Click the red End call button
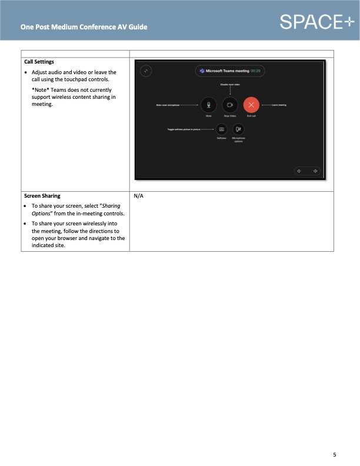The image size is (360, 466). (x=251, y=105)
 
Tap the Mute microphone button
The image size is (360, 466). (x=208, y=105)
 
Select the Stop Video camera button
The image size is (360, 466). (x=229, y=105)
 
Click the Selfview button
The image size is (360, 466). (x=221, y=129)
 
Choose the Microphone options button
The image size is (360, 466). (x=238, y=129)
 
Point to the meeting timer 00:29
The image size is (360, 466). (x=255, y=71)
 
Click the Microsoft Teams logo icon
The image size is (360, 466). (x=202, y=71)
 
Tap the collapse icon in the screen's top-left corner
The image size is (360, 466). (x=146, y=71)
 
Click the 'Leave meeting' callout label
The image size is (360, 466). (x=278, y=105)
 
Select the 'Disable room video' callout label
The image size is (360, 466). (x=229, y=85)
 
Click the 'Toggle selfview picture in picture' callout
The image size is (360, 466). (x=184, y=129)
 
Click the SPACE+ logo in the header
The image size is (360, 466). (x=316, y=22)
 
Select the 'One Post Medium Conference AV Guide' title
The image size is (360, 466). (x=84, y=27)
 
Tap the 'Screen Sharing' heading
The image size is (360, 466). (x=42, y=195)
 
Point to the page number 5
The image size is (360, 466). (x=335, y=454)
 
